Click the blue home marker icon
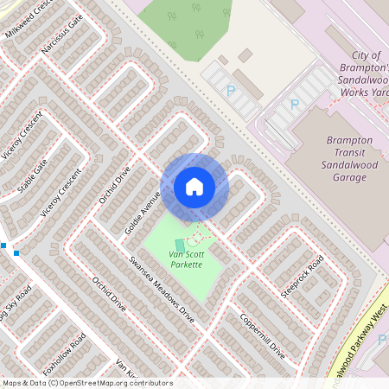(194, 186)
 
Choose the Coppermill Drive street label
(263, 338)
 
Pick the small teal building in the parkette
(180, 245)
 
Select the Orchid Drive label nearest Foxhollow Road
(109, 295)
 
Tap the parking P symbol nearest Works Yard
(295, 105)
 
